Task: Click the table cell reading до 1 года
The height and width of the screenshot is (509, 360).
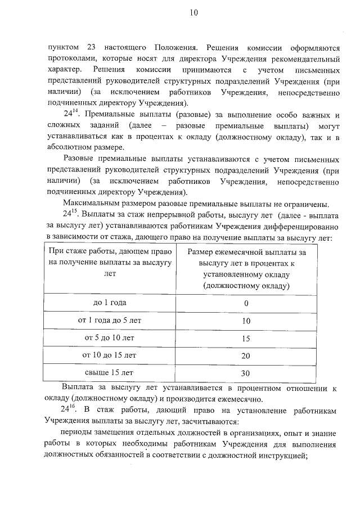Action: (x=110, y=303)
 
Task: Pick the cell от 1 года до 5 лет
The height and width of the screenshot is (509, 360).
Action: (x=110, y=321)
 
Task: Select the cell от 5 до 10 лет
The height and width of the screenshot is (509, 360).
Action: (x=110, y=338)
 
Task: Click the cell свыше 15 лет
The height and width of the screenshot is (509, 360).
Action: (x=110, y=372)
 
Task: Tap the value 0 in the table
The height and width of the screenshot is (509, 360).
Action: (x=246, y=303)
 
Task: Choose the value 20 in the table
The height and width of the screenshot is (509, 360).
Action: (x=246, y=355)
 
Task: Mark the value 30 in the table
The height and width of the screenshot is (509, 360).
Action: (x=246, y=373)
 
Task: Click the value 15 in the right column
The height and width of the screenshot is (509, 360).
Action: (x=246, y=338)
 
